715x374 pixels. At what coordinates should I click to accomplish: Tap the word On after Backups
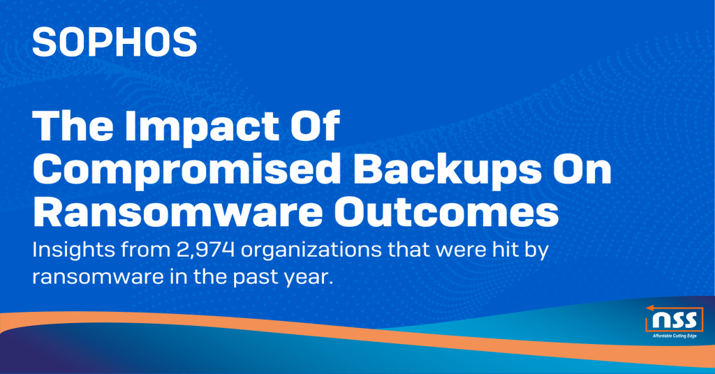pyautogui.click(x=582, y=170)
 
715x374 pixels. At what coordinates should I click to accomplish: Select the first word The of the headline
pyautogui.click(x=71, y=128)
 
